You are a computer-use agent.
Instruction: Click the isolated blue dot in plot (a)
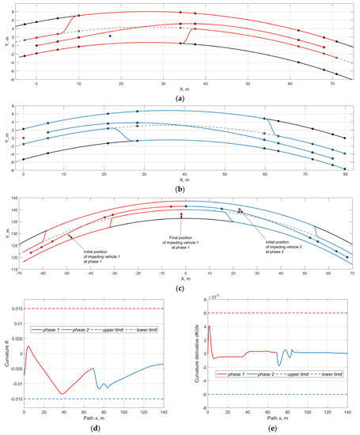click(111, 36)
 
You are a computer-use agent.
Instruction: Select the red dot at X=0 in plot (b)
click(24, 138)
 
